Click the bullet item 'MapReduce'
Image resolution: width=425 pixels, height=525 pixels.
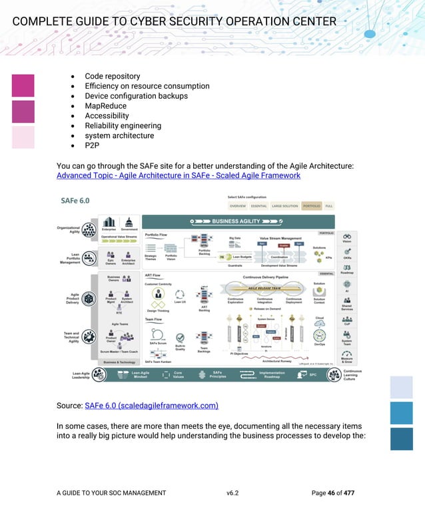105,105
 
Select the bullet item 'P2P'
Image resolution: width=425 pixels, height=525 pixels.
92,145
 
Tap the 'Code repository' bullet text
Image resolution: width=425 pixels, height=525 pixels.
112,76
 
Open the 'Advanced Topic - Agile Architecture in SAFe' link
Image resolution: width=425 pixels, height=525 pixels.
178,175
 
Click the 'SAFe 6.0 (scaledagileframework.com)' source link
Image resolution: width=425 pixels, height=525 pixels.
151,405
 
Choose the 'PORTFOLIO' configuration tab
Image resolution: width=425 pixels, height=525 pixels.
312,206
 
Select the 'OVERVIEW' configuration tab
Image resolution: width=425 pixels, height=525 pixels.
237,206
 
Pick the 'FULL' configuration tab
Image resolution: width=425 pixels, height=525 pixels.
328,206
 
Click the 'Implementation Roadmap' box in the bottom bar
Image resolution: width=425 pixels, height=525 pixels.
271,374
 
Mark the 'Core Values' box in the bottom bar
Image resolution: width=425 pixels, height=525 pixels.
177,374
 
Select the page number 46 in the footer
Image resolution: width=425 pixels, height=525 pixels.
331,493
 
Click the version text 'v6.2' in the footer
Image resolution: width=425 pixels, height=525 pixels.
232,493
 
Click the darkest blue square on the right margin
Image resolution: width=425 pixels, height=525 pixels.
402,439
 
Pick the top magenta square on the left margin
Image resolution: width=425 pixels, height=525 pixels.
23,85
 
